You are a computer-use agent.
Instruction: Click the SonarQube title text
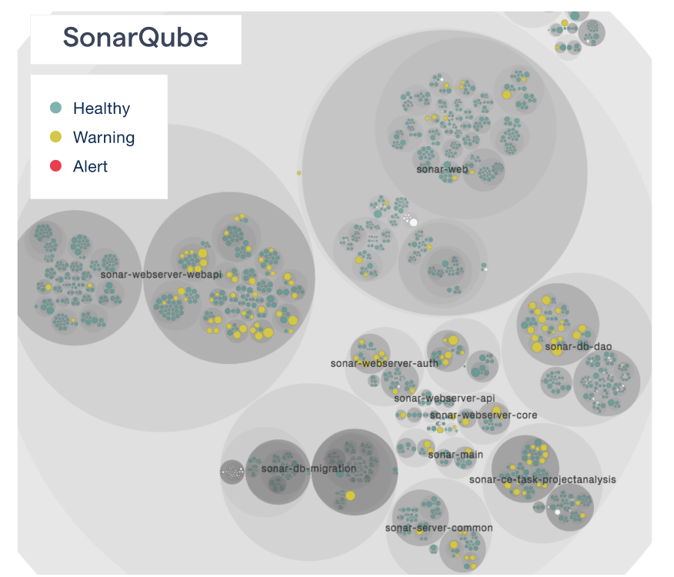tap(135, 37)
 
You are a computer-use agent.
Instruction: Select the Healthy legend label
tap(102, 108)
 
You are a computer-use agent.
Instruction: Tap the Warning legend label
tap(104, 138)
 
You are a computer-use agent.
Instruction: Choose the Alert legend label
tap(90, 166)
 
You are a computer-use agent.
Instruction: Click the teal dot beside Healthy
tap(55, 108)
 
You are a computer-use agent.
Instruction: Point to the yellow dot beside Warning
tap(55, 138)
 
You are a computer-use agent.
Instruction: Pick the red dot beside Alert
tap(55, 166)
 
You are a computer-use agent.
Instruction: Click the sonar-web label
tap(442, 169)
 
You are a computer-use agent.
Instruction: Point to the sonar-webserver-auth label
tap(384, 363)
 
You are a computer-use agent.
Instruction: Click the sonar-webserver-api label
tap(444, 399)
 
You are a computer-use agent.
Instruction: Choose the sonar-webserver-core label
tap(483, 415)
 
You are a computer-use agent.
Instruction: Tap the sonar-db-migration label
tap(309, 469)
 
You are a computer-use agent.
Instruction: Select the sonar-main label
tap(455, 455)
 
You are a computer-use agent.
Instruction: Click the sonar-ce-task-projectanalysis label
tap(542, 480)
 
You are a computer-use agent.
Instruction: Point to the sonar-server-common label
tap(439, 529)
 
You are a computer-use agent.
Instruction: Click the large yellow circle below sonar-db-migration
tap(350, 495)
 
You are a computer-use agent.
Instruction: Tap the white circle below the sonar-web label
tap(413, 222)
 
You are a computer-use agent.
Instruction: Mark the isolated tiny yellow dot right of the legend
tap(299, 173)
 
